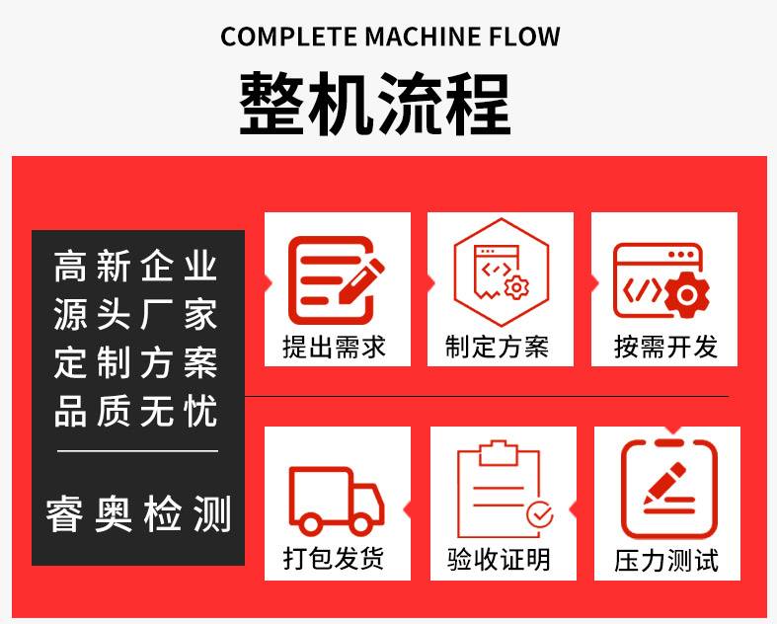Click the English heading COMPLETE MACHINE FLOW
coord(390,37)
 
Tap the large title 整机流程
coord(375,103)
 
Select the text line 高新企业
coord(136,267)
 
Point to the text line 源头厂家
coord(136,314)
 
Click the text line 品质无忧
coord(136,411)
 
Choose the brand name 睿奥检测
coord(138,514)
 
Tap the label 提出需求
coord(334,347)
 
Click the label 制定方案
coord(497,347)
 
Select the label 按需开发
coord(665,347)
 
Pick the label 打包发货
coord(334,559)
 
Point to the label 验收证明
coord(499,560)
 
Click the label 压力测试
coord(666,561)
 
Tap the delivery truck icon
coord(337,500)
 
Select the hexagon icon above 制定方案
coord(502,273)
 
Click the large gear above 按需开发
coord(687,295)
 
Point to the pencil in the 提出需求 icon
coord(361,280)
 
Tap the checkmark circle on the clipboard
coord(540,514)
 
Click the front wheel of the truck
coord(358,523)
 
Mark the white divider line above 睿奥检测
coord(138,451)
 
